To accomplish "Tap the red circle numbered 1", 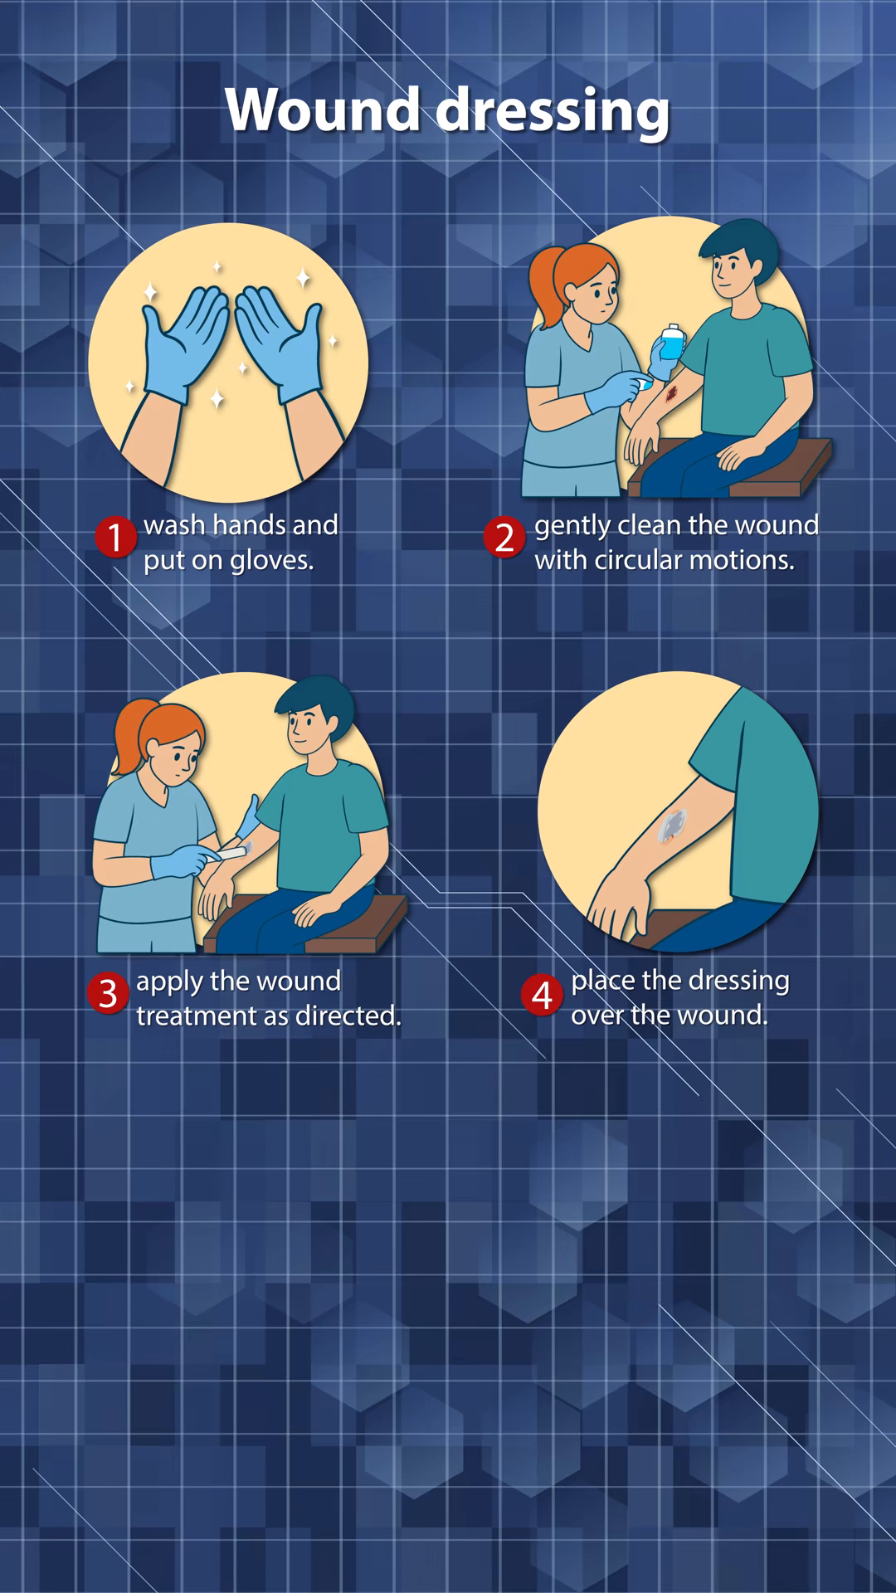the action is [x=115, y=537].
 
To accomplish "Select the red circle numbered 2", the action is [x=504, y=537].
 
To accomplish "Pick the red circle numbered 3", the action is [x=108, y=993].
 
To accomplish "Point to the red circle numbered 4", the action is [x=542, y=994].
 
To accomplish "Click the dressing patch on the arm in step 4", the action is [x=672, y=826].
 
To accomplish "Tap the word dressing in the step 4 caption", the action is [x=738, y=982].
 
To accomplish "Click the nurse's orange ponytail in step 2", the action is [x=545, y=287].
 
